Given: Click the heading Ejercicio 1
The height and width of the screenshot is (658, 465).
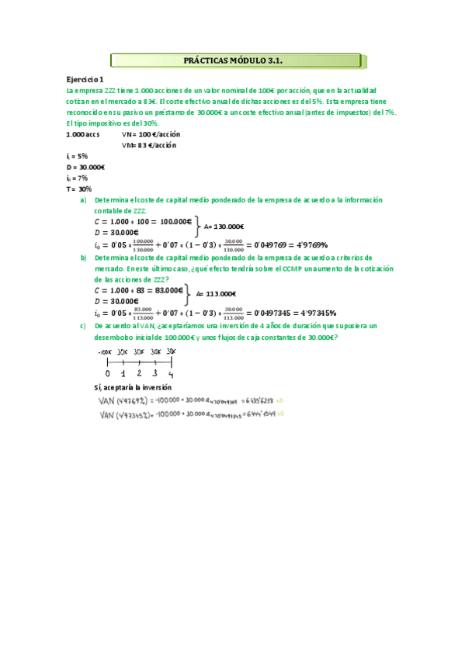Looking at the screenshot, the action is pos(85,79).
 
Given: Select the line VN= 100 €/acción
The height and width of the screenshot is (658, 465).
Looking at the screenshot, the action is pos(151,134).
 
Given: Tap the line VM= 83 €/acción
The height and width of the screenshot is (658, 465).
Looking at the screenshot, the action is pos(149,145).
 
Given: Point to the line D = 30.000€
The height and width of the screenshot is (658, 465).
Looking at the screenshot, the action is pos(86,167).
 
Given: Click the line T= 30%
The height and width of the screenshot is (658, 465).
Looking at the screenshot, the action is pos(79,189).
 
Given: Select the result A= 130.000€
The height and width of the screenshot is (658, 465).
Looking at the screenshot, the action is pos(224,227).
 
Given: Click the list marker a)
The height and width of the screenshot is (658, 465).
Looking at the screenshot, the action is pos(84,200).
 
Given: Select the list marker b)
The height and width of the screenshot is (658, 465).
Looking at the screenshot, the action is pos(84,257).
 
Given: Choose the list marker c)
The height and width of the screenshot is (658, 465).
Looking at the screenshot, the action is pos(84,326).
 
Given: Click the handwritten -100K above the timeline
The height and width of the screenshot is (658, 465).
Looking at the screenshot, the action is pos(105,352).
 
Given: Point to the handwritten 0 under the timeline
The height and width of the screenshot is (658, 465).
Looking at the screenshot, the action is pos(108,374).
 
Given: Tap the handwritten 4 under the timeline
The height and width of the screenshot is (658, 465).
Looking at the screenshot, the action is pos(170,374).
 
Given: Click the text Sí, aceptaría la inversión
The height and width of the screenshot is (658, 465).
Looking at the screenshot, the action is pos(132,387).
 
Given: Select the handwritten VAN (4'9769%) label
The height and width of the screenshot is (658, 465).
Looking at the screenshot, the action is pos(123,401).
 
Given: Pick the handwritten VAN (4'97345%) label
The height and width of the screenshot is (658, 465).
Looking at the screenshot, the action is pos(125,414).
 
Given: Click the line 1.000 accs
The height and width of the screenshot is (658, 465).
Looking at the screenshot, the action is pos(83,134).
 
